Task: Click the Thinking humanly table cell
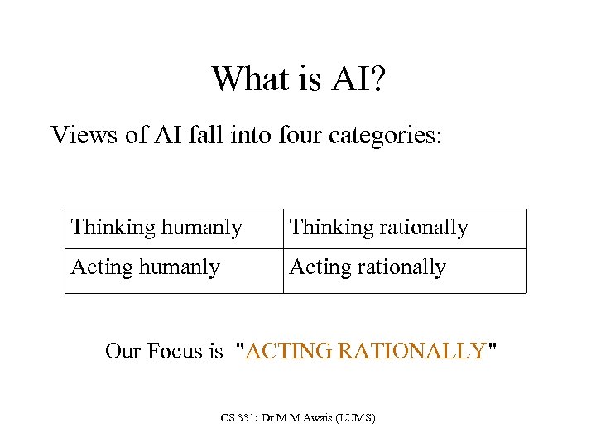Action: click(156, 228)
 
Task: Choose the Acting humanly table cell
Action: click(146, 267)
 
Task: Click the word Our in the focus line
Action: click(123, 351)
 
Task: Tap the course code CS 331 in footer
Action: click(239, 418)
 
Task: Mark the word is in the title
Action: click(301, 79)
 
